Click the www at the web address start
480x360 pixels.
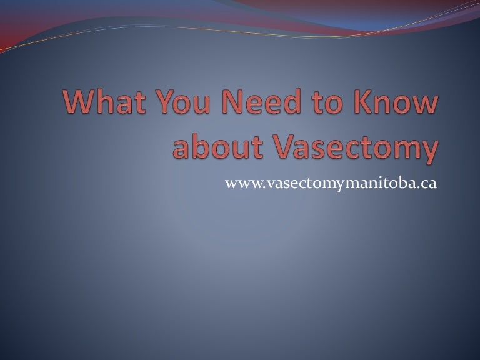pyautogui.click(x=239, y=184)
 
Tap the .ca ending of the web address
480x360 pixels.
pyautogui.click(x=427, y=184)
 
